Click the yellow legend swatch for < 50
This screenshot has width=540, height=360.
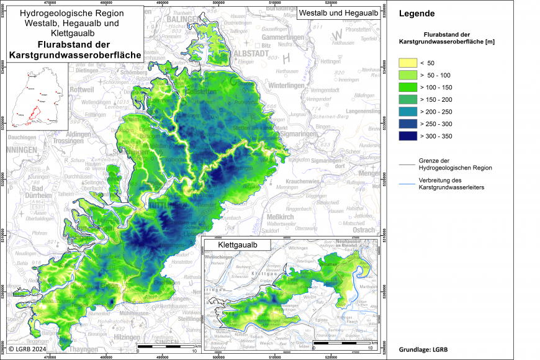click(407, 63)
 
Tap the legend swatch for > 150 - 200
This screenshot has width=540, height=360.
click(407, 99)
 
